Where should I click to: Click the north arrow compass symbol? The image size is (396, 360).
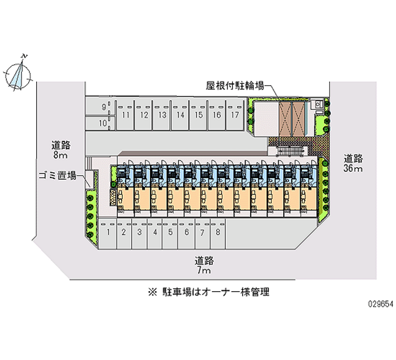(18, 75)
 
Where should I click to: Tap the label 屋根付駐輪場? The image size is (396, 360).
(235, 86)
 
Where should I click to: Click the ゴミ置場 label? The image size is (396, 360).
(57, 175)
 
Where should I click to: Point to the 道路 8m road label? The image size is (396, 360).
(61, 150)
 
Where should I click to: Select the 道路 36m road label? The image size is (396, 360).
(353, 163)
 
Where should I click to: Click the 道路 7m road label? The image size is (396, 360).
(204, 265)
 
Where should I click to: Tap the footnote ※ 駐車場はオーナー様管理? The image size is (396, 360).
(208, 292)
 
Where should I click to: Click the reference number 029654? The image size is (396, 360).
(381, 304)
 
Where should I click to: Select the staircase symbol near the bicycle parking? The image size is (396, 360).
(291, 152)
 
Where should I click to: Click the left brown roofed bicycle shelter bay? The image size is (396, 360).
(286, 119)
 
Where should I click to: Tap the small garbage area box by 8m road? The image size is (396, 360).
(90, 179)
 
